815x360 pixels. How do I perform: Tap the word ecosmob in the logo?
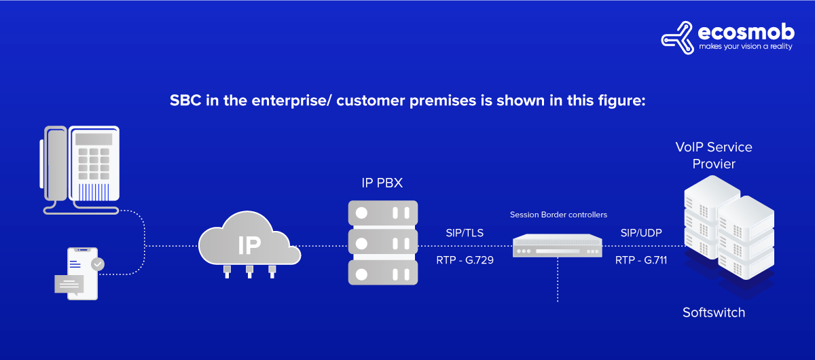[746, 31]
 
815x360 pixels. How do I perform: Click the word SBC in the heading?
[183, 101]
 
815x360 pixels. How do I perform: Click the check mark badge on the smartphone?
[98, 264]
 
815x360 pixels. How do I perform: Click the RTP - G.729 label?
[465, 259]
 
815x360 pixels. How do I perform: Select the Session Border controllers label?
[558, 215]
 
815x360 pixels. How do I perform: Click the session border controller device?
[558, 245]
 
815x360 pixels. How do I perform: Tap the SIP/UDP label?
[641, 233]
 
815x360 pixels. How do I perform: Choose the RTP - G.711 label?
[641, 259]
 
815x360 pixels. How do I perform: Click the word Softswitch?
[713, 312]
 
